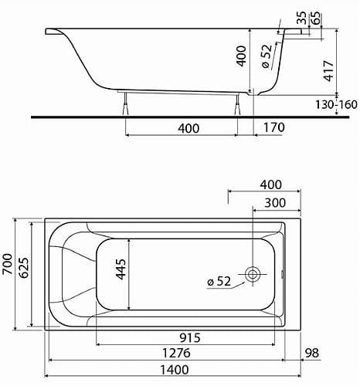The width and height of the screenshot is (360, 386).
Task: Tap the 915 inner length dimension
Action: point(182,337)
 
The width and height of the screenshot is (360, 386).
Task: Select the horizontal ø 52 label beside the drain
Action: point(219,281)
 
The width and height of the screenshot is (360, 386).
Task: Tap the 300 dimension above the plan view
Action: point(271,202)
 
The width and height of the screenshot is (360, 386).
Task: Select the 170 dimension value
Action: point(273,127)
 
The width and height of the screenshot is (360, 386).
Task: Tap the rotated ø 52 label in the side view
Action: point(268,59)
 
